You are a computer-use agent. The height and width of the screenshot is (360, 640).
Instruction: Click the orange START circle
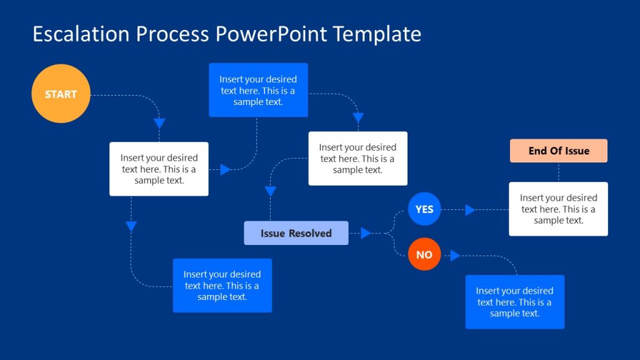click(61, 94)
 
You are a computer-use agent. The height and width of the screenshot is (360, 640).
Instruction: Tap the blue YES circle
click(424, 209)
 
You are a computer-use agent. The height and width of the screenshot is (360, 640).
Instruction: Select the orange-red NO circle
click(424, 254)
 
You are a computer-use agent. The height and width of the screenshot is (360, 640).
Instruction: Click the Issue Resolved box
click(296, 233)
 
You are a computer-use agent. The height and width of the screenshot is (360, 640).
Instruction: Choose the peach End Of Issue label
click(559, 151)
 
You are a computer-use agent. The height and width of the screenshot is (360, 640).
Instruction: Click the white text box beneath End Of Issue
click(558, 209)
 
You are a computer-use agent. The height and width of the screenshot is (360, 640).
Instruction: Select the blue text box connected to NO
click(514, 302)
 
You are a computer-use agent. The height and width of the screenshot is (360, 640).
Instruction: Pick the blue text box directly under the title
click(258, 90)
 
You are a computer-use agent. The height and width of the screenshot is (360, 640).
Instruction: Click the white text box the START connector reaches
click(159, 169)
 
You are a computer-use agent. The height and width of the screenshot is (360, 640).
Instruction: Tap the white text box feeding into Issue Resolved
click(357, 158)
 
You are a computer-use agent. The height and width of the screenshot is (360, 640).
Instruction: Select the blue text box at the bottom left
click(222, 286)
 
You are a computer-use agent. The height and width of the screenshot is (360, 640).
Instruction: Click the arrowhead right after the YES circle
click(470, 210)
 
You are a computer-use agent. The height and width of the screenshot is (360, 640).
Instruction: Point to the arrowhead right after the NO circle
click(455, 256)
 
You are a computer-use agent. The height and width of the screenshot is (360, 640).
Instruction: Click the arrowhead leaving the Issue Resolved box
click(366, 233)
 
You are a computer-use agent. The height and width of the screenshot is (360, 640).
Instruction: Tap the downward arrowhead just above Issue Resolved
click(271, 192)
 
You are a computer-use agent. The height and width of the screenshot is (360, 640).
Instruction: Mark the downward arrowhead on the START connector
click(159, 123)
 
